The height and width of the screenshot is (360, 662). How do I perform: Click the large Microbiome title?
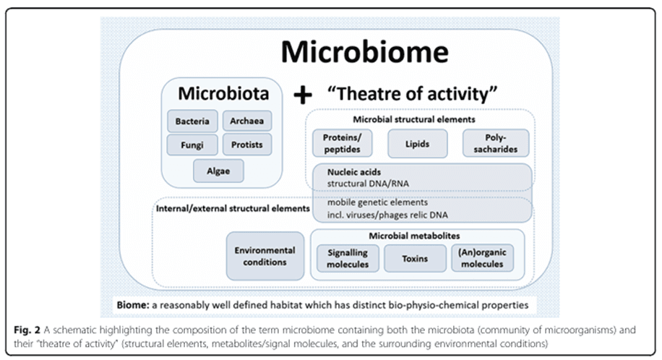click(x=364, y=53)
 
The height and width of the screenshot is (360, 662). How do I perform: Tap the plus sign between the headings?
click(x=303, y=93)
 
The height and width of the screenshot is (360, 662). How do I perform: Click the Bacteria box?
click(x=192, y=121)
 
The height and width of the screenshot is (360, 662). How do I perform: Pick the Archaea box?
click(x=247, y=121)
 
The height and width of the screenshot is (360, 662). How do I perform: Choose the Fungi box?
click(x=192, y=145)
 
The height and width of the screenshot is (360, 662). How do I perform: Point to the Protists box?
click(x=247, y=145)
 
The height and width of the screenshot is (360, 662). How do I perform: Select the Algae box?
click(x=219, y=171)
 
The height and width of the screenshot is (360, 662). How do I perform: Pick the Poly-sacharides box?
click(x=495, y=144)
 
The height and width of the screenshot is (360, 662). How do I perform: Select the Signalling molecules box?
click(x=347, y=258)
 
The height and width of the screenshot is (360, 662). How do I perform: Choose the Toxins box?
click(x=415, y=258)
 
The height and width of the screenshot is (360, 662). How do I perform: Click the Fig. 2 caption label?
click(x=29, y=330)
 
